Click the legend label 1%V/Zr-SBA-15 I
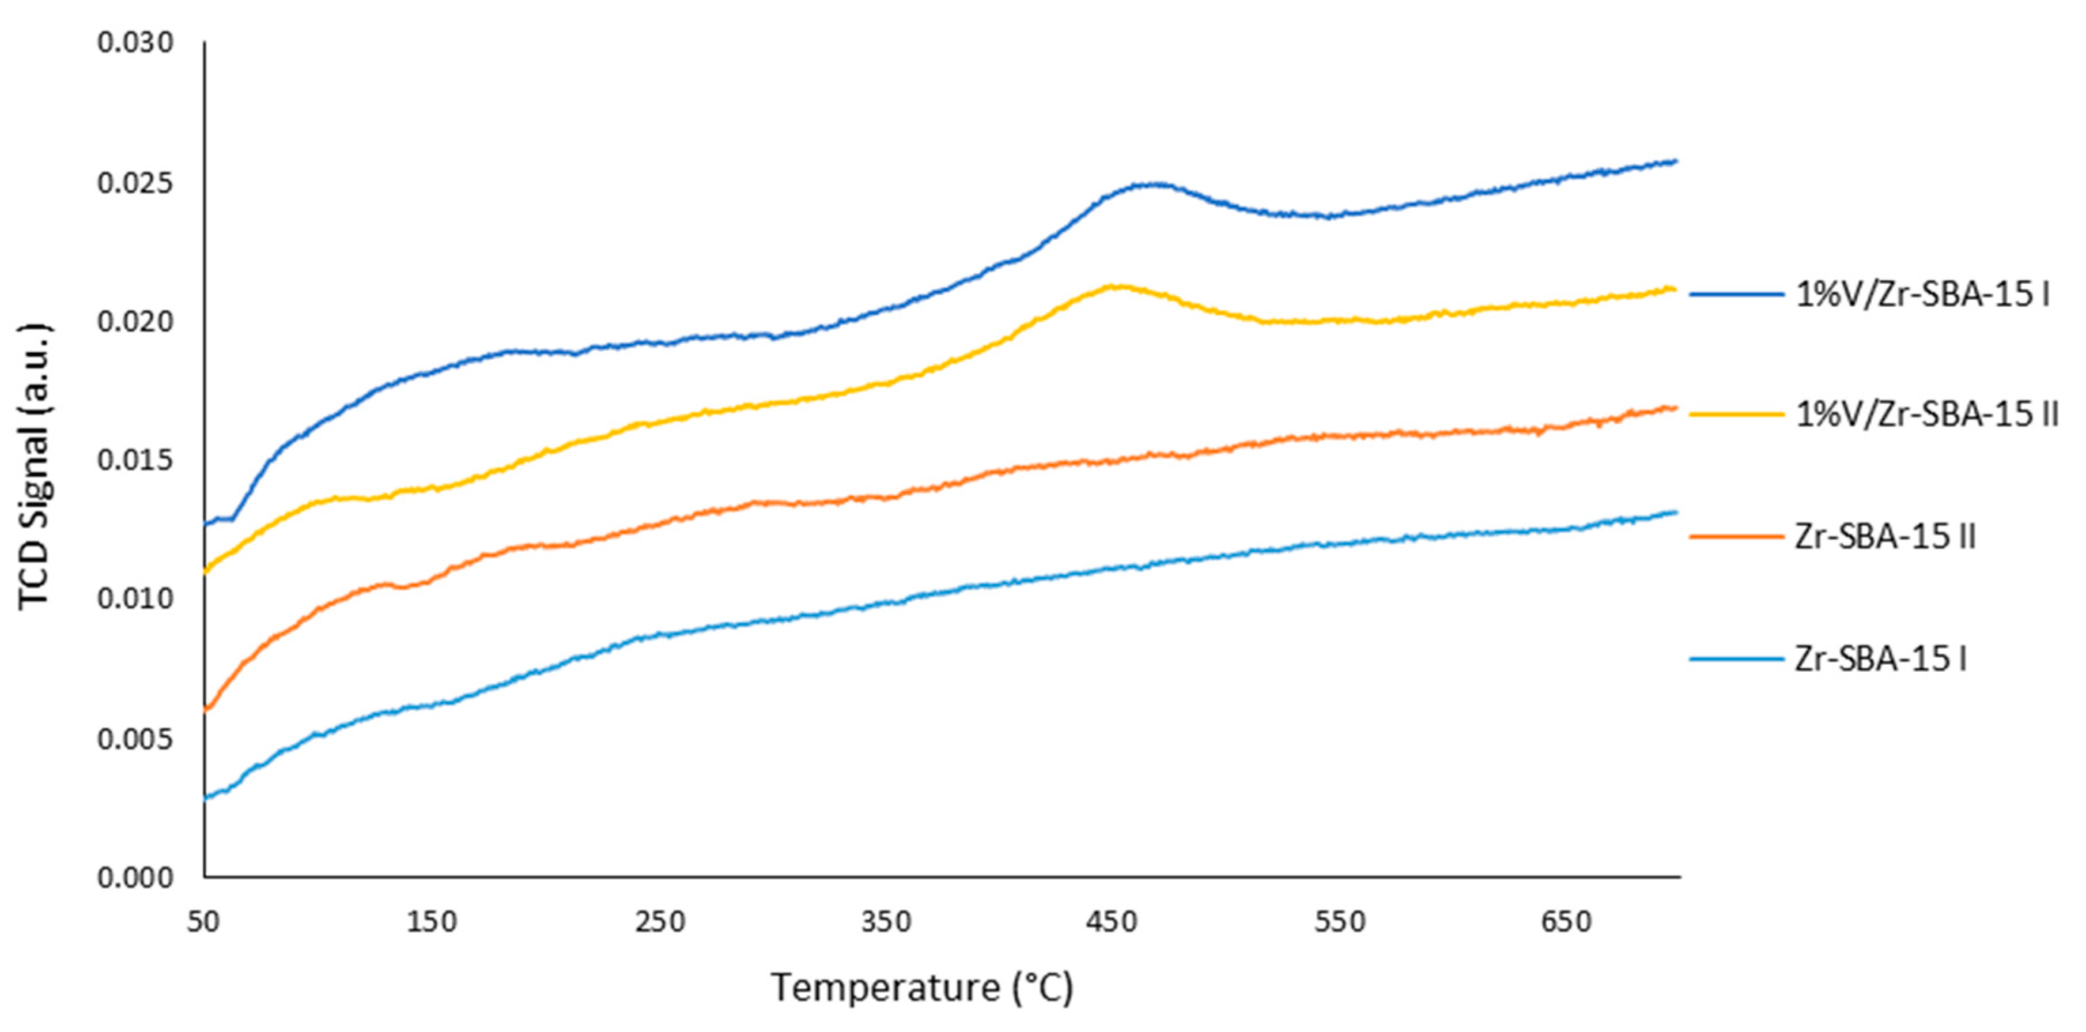[x=1922, y=295]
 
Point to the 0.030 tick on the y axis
[x=135, y=43]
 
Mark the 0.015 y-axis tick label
[x=135, y=460]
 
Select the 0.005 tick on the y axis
[x=135, y=739]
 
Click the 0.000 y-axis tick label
[x=135, y=877]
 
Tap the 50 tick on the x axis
[x=204, y=922]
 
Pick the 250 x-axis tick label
[x=660, y=922]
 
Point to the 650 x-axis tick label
[x=1567, y=922]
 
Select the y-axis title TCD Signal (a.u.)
[x=34, y=466]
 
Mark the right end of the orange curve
[x=1675, y=408]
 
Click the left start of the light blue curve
[x=206, y=798]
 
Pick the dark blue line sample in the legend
[x=1736, y=295]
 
